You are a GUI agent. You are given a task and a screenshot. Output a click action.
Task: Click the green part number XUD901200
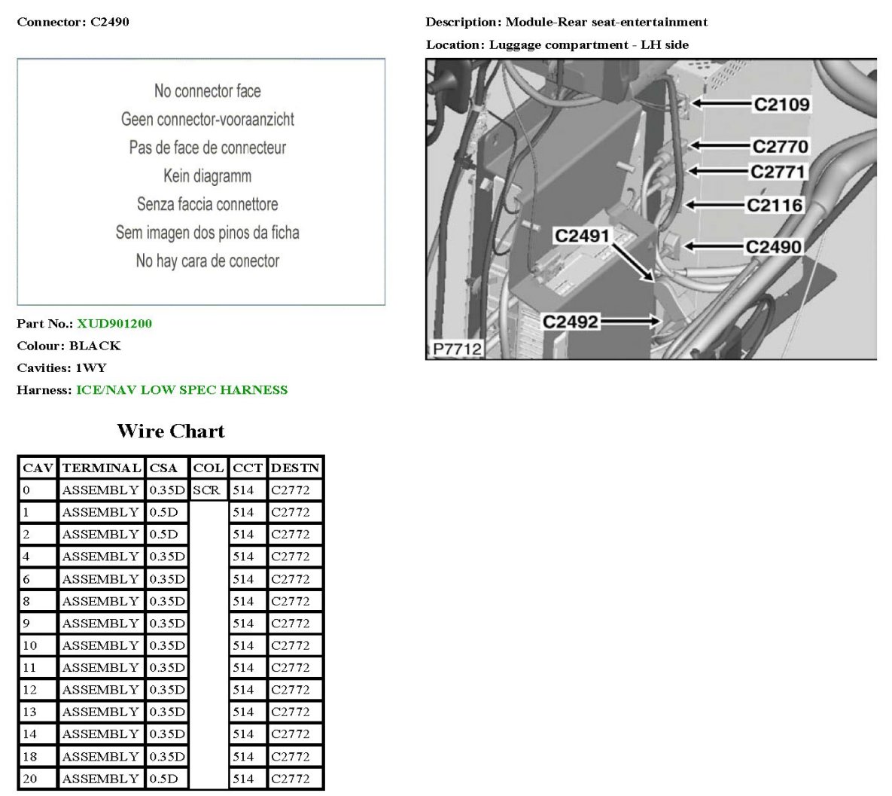114,324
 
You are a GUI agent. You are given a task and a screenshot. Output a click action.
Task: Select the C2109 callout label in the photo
781,104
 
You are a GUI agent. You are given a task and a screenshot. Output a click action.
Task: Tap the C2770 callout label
780,146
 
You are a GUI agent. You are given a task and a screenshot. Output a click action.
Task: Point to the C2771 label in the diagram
778,172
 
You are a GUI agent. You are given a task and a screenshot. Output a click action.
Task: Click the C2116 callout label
775,205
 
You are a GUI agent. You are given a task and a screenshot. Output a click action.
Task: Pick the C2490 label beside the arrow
774,247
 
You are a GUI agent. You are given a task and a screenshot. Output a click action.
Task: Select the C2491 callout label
582,236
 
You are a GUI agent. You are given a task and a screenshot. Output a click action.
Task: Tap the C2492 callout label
571,322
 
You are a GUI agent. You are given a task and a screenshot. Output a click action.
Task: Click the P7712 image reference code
457,349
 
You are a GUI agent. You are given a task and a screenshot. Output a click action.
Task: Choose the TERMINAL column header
102,468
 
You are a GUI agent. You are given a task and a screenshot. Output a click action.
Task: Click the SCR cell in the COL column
206,490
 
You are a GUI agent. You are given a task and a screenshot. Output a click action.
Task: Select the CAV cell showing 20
29,779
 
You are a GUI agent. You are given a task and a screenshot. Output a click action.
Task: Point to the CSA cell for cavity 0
166,490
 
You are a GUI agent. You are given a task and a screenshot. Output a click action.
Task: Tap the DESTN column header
295,468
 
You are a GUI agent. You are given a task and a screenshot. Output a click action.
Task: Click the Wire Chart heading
171,431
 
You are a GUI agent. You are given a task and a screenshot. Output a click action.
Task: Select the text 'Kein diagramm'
207,175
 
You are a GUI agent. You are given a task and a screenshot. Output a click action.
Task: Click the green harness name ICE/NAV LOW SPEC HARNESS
182,390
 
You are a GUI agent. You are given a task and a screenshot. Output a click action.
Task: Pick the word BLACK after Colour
95,346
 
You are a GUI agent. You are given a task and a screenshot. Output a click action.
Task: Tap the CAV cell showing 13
29,712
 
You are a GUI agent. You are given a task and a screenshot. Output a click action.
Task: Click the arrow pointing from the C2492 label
630,322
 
